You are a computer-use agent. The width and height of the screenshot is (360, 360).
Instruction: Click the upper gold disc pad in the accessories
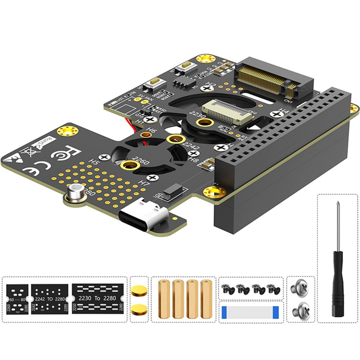139,291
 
